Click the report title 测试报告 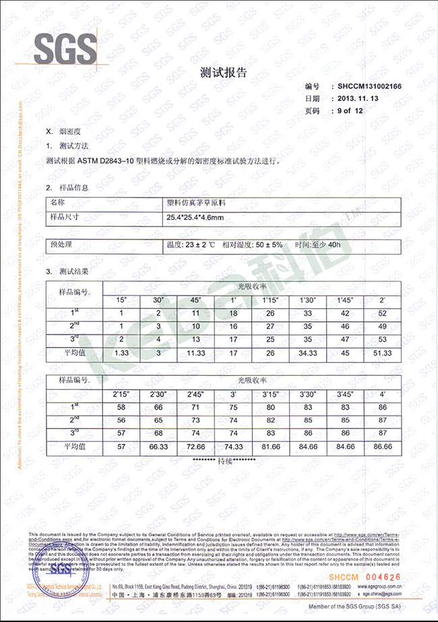tap(219, 72)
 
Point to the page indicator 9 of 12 tap(354, 110)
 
